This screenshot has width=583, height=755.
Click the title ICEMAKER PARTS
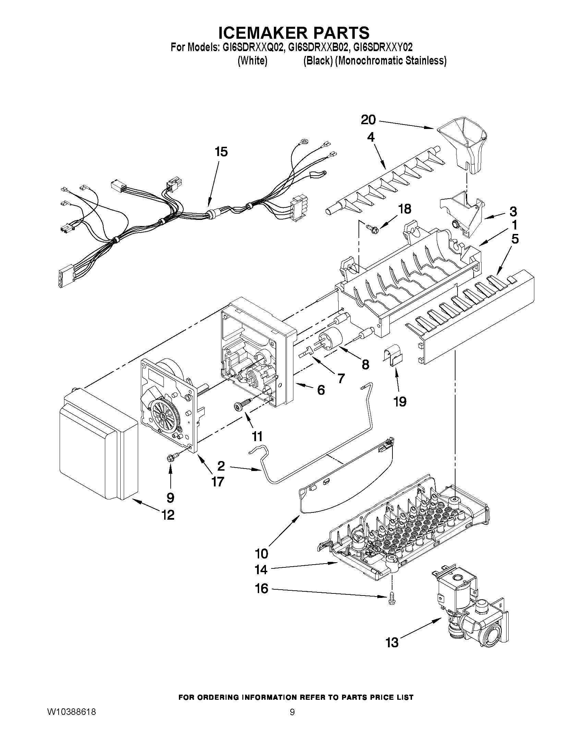[294, 33]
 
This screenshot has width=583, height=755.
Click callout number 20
[368, 120]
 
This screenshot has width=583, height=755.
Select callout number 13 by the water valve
[392, 642]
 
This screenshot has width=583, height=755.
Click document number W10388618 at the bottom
[71, 712]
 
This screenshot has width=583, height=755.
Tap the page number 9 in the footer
[292, 712]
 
